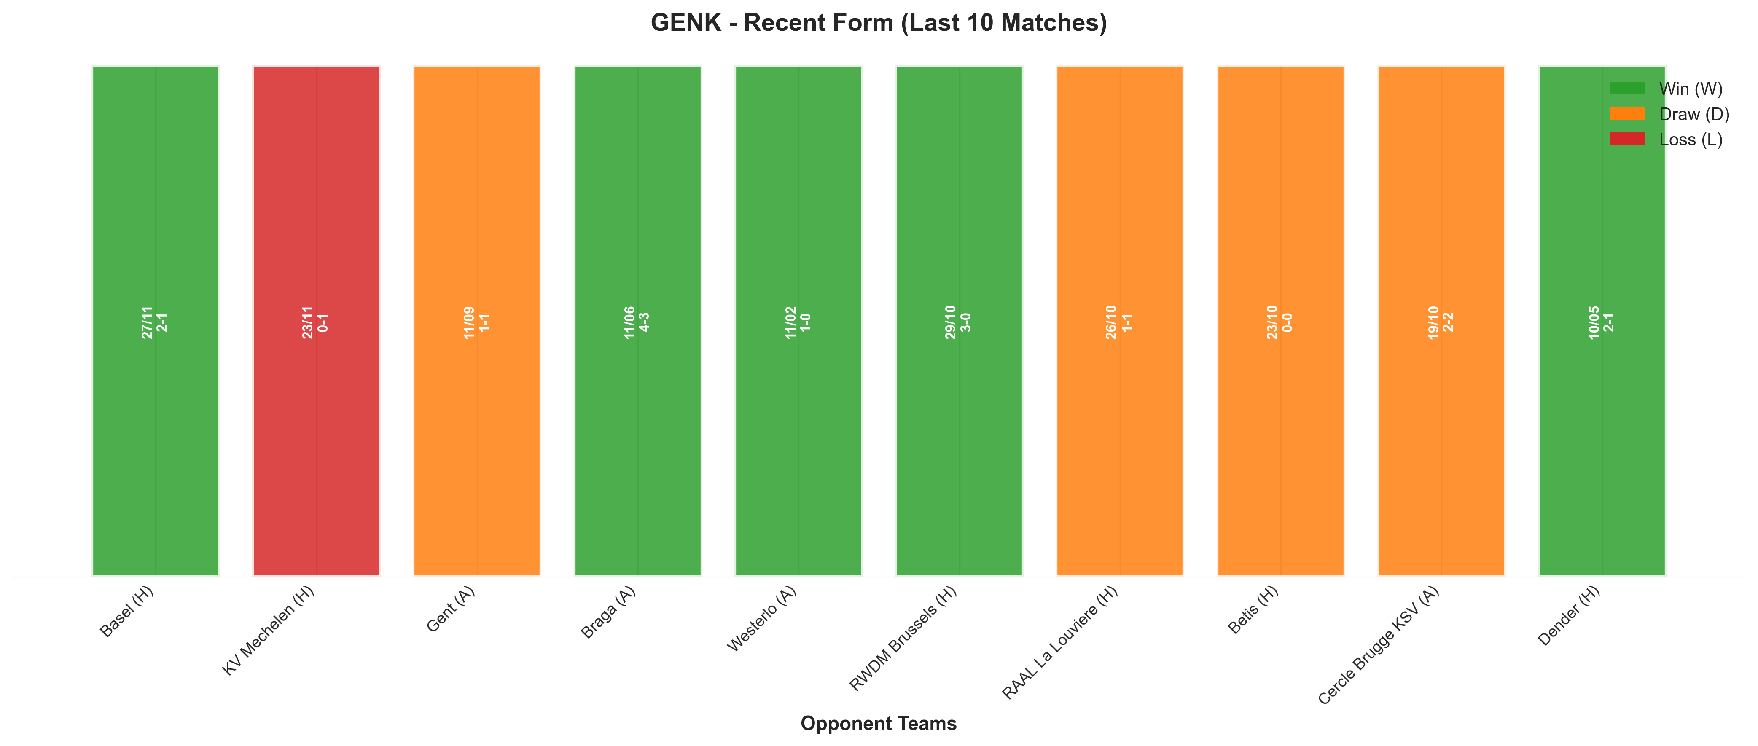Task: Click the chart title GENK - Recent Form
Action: [878, 22]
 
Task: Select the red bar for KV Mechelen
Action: [316, 321]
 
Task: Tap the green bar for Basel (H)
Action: [156, 321]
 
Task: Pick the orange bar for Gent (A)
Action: [477, 321]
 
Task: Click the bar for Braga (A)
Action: [638, 321]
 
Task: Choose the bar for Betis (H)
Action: [1281, 321]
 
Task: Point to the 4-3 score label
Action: [645, 322]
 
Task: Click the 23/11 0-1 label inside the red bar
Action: [316, 322]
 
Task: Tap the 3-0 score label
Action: [966, 322]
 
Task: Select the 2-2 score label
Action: [1449, 322]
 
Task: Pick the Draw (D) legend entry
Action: [1669, 114]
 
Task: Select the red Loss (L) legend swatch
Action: [1628, 139]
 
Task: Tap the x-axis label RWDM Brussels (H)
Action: [903, 639]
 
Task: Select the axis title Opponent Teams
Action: [878, 724]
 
